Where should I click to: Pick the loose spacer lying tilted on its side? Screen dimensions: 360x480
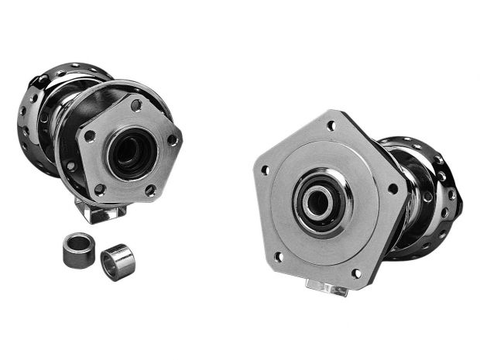coord(118,260)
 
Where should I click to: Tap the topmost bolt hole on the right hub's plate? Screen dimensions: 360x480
coord(331,125)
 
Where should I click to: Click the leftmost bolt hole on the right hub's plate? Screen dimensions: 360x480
coord(265,170)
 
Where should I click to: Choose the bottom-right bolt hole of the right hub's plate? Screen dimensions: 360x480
coord(356,273)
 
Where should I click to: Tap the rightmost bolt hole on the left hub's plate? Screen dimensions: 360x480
coord(173,140)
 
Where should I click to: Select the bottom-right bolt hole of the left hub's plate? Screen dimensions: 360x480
coord(150,189)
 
